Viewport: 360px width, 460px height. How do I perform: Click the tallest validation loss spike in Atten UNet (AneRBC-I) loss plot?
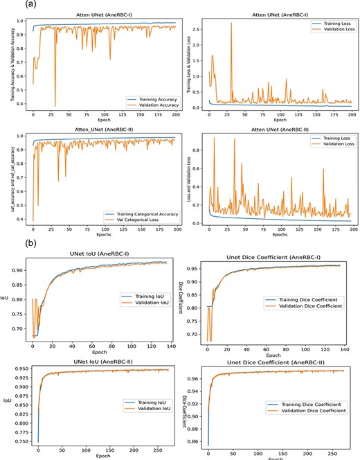click(x=231, y=24)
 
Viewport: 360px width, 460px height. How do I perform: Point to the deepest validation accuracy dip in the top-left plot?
click(x=55, y=107)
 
